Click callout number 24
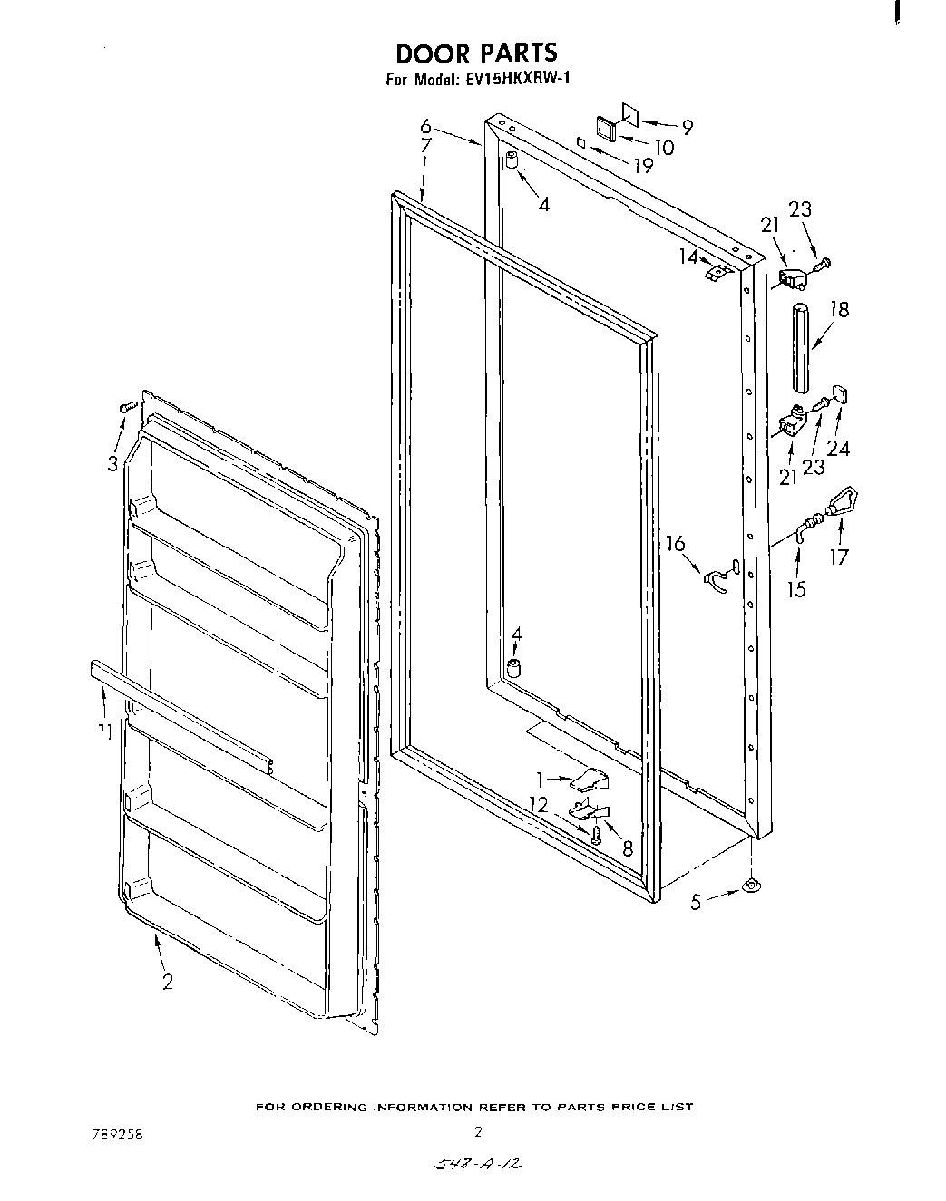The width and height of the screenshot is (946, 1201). (838, 448)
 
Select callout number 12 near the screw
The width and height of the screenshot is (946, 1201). (538, 803)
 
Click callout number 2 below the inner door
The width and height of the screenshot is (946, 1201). (167, 981)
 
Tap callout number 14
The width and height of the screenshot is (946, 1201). (690, 257)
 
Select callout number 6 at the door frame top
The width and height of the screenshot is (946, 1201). (425, 128)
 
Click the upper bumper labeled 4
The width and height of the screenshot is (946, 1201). (510, 161)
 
